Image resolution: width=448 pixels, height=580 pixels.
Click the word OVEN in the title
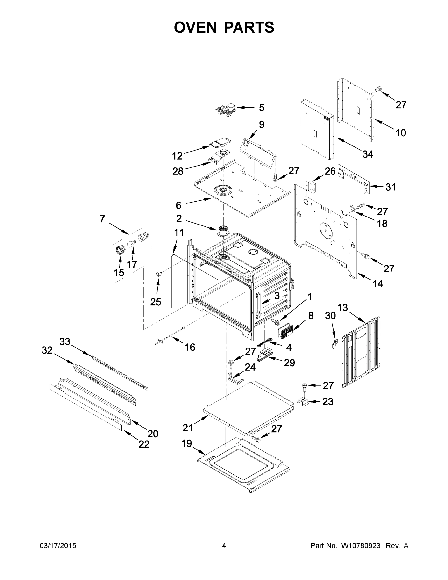coord(195,27)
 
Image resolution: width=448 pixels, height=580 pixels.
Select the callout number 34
coord(368,154)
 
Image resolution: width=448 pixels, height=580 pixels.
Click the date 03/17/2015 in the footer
coord(58,546)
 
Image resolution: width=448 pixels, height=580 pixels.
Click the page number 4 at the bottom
coord(224,546)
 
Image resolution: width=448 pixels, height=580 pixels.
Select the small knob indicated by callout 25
coord(159,274)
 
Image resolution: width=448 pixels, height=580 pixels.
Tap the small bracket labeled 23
coord(304,402)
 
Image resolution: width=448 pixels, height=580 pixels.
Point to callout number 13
coord(343,308)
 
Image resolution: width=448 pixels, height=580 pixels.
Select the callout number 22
coord(144,444)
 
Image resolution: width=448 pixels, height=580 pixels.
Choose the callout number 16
coord(190,347)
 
